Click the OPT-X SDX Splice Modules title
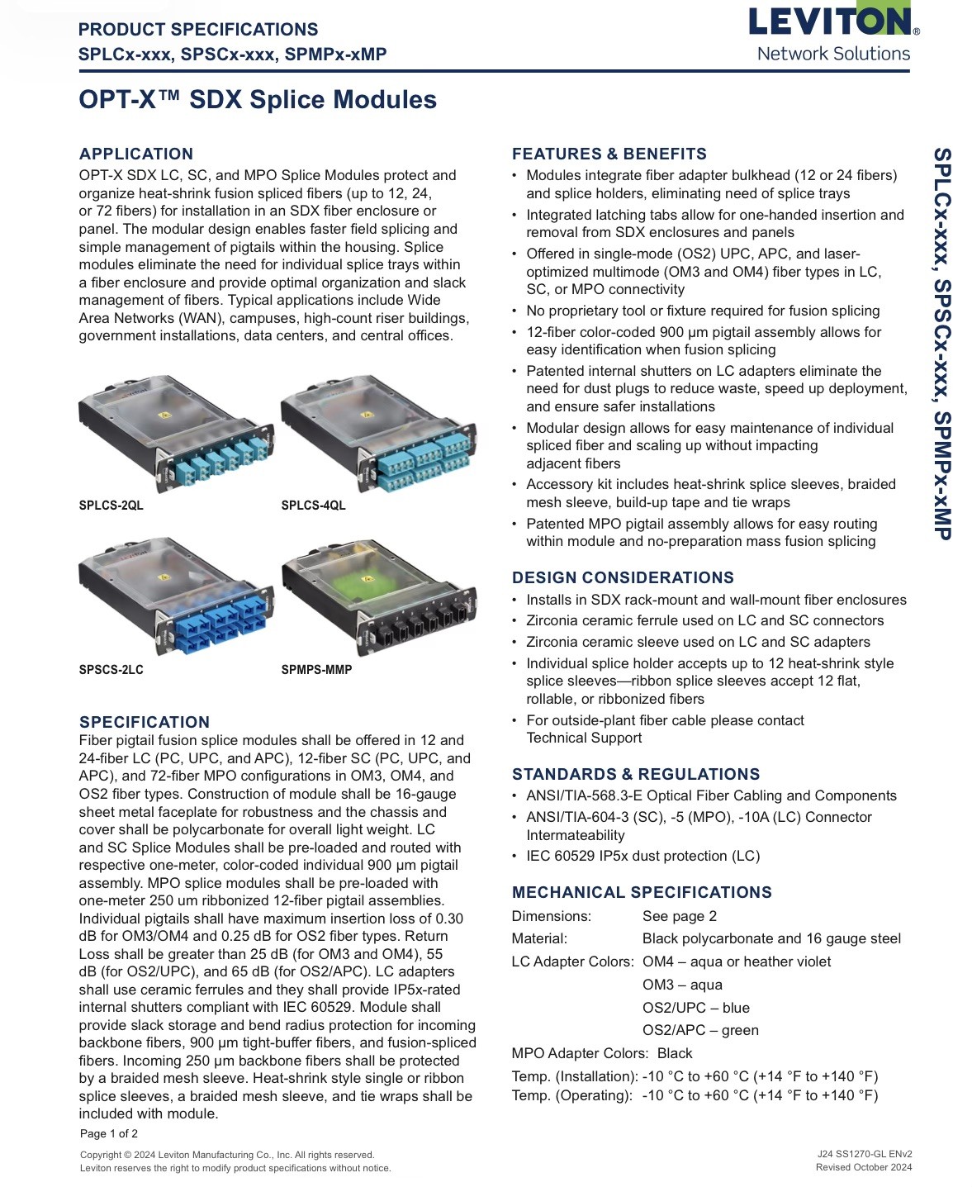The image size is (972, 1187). click(x=258, y=100)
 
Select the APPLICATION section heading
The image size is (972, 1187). click(x=136, y=154)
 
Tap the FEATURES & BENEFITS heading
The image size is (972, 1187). click(x=609, y=154)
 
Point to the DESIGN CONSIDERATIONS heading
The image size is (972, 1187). click(x=623, y=577)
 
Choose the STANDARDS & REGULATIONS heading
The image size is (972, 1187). click(x=636, y=774)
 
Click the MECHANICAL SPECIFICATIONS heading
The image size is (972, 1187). click(x=642, y=892)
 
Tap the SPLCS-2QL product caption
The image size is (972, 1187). click(x=111, y=506)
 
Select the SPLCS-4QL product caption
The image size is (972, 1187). click(x=314, y=506)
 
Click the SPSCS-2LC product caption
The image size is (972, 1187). click(x=111, y=670)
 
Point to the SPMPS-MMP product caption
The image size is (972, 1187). click(x=317, y=670)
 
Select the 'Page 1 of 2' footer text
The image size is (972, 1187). click(x=109, y=1133)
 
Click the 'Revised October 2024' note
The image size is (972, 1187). click(x=864, y=1167)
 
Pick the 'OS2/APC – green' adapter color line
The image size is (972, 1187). click(x=701, y=1031)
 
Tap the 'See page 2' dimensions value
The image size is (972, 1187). click(x=680, y=916)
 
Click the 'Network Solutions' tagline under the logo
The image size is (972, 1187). click(x=833, y=54)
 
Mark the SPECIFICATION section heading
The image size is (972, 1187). click(x=145, y=722)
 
